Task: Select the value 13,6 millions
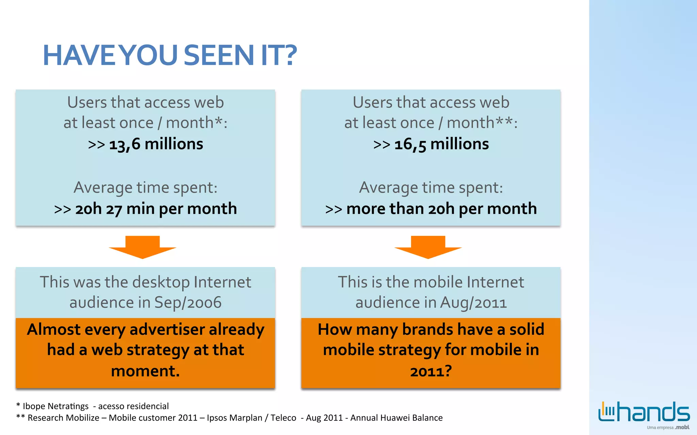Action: click(156, 144)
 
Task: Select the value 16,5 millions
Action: click(441, 144)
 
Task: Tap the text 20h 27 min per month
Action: click(156, 209)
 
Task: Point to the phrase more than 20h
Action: click(400, 209)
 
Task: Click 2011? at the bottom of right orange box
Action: click(431, 371)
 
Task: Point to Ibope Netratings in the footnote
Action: click(55, 406)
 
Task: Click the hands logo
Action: click(644, 412)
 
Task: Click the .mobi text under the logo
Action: click(682, 427)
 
